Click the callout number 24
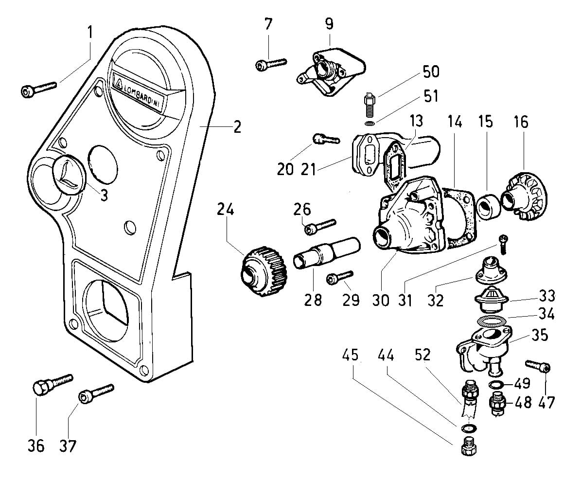point(226,210)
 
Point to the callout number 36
point(36,445)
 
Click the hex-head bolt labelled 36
point(53,384)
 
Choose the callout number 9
point(330,24)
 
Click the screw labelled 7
point(271,63)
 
